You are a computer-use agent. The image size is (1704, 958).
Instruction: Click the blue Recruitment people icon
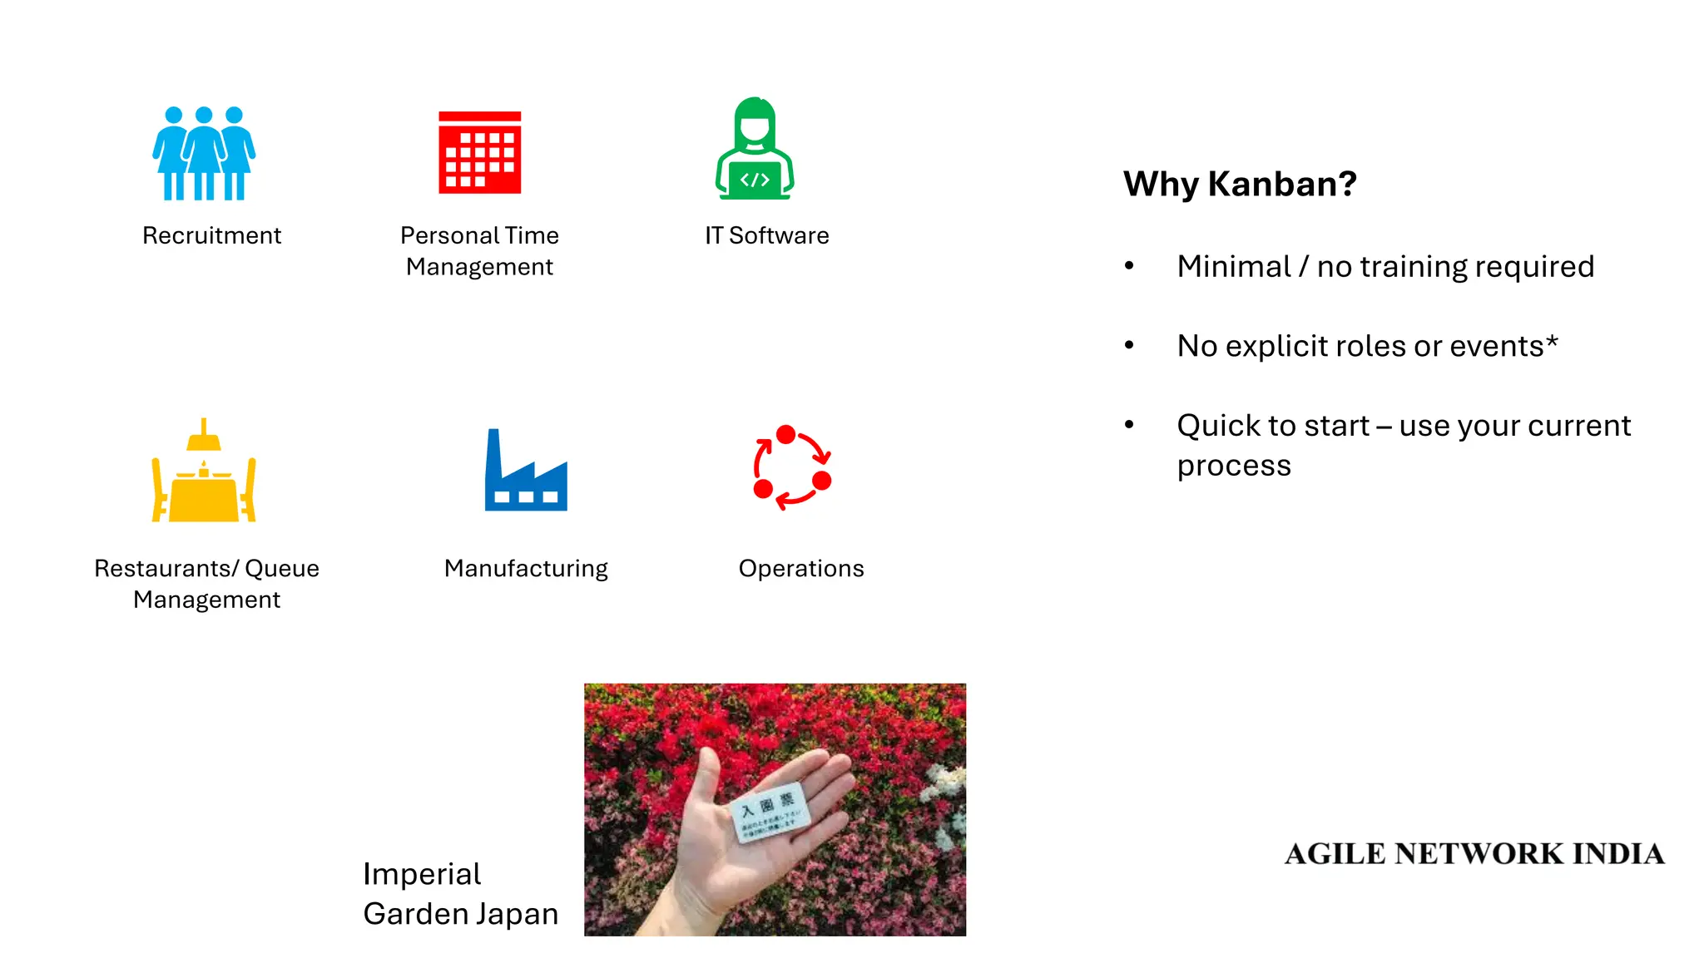coord(204,154)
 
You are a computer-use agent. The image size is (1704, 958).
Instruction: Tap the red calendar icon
coord(480,153)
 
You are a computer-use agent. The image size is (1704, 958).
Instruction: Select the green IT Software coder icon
coord(755,150)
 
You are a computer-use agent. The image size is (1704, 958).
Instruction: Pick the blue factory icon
coord(526,472)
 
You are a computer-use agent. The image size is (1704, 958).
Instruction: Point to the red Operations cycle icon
coord(792,467)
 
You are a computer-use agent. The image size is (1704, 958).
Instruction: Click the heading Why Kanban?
coord(1240,184)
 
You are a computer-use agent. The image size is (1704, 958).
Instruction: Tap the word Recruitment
coord(211,235)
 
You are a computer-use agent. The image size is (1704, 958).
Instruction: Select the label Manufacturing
coord(526,568)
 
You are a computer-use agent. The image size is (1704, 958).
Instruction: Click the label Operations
coord(801,568)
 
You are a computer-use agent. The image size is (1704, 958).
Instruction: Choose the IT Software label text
coord(766,235)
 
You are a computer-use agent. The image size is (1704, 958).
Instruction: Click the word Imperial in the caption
coord(422,874)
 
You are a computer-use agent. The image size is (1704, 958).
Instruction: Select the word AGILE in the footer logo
coord(1335,854)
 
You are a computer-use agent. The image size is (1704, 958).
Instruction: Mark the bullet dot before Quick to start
coord(1129,424)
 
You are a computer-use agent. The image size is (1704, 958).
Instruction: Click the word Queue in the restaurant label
coord(282,568)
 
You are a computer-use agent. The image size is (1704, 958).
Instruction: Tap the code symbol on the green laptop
coord(755,180)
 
